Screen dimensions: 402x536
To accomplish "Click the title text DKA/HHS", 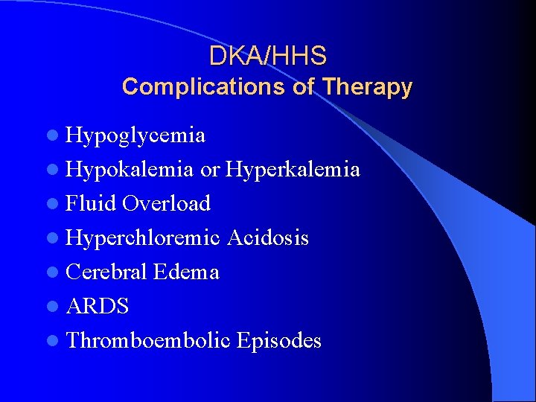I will tap(267, 56).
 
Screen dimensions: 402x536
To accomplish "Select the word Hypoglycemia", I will tap(135, 135).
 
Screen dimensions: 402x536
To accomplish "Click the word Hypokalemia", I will tap(130, 170).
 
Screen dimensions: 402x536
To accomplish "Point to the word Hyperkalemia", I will tap(293, 170).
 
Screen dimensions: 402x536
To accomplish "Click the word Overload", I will tap(167, 203).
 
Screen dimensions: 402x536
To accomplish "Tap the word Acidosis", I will tap(268, 238).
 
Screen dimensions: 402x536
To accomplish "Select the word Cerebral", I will tap(106, 272).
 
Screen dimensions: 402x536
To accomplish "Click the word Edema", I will tap(186, 272).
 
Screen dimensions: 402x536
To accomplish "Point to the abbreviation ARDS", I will tap(98, 307).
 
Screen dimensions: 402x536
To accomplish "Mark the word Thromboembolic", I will tap(148, 341).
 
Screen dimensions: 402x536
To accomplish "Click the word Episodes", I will tap(279, 341).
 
